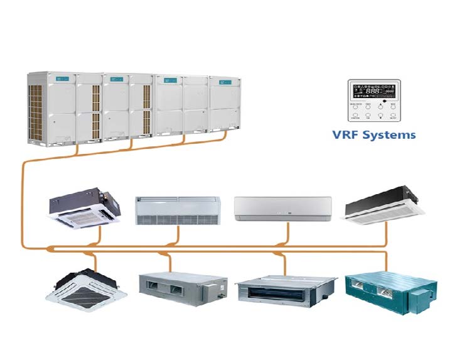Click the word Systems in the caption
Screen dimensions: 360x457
389,135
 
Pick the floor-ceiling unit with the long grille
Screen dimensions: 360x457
178,210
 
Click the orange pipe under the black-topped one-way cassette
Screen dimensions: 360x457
385,234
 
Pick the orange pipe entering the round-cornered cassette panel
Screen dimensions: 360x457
93,261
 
